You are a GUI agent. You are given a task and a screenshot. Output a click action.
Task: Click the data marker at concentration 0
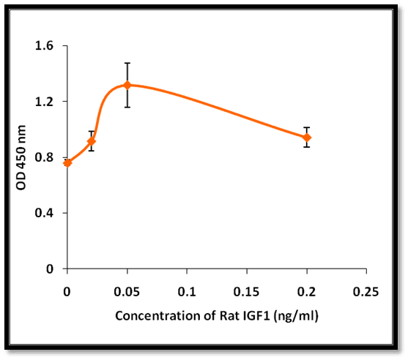[67, 163]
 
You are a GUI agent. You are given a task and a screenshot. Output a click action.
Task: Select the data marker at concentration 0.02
[92, 141]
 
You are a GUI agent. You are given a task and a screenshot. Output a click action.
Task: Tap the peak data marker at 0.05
[127, 85]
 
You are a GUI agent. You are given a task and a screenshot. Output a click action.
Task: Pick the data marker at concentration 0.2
[307, 138]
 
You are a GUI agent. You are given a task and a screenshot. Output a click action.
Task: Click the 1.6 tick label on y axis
[44, 46]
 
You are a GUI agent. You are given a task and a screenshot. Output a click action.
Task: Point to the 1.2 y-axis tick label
[44, 102]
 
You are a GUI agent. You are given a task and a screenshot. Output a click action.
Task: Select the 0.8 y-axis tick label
[44, 157]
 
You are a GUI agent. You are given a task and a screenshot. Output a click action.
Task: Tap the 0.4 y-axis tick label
[44, 213]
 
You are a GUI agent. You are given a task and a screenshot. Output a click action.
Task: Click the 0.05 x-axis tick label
[127, 292]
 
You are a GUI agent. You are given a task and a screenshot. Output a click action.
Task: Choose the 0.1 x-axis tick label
[187, 292]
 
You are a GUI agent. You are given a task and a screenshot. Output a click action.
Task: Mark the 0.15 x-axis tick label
[246, 292]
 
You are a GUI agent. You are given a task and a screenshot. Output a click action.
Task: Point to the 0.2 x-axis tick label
[306, 292]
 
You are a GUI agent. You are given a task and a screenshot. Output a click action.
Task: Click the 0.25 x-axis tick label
[366, 292]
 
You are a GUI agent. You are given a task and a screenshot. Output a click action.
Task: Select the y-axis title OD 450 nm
[21, 157]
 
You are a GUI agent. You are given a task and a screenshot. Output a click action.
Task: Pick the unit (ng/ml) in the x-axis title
[296, 316]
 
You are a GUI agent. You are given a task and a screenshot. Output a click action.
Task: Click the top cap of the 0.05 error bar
[127, 63]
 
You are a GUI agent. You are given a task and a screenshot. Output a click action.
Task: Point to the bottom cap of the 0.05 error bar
[127, 107]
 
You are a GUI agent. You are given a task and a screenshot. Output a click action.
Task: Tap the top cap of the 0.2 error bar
[307, 127]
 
